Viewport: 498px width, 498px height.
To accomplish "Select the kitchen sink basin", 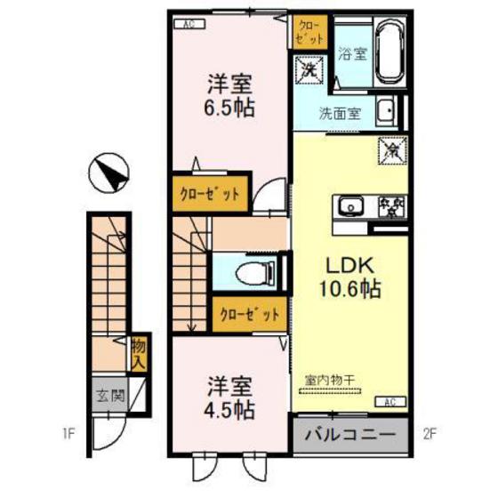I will point(349,206).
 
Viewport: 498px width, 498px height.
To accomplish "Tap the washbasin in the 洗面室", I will point(387,111).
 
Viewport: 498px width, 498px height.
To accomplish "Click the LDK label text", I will point(349,265).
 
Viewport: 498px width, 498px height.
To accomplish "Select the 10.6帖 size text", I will point(349,288).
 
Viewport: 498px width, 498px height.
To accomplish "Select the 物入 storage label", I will point(138,353).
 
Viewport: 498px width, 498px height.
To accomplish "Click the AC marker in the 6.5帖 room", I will point(189,24).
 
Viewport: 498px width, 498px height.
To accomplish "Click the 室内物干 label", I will point(330,381).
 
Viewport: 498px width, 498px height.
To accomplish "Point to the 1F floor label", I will point(68,435).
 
